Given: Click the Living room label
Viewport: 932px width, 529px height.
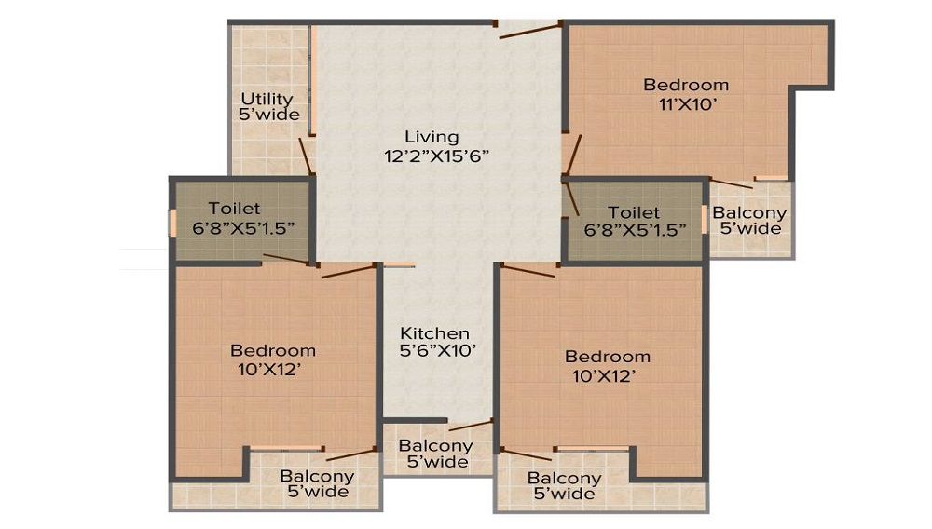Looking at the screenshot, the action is (432, 137).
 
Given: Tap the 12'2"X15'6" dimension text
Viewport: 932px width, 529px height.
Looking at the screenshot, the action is (436, 156).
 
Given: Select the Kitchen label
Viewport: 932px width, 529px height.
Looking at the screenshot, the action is (434, 333).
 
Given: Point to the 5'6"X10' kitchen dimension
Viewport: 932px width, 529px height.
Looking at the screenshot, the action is (438, 351).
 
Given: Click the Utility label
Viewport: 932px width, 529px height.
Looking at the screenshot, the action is (267, 99).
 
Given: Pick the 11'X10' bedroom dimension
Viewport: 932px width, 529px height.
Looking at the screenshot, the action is (687, 104).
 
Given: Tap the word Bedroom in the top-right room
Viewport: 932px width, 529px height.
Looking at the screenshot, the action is (686, 85).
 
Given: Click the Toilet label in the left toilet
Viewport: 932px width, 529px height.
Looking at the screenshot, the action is (234, 209).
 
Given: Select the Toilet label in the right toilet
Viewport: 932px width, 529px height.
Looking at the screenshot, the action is (634, 212).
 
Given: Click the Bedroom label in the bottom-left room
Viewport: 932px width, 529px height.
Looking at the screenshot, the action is (273, 350).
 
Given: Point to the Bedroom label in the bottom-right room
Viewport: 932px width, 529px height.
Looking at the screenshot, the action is (608, 356).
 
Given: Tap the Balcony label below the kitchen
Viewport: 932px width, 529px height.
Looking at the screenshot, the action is (435, 445).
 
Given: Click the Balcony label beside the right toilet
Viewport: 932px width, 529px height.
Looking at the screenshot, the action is (749, 212).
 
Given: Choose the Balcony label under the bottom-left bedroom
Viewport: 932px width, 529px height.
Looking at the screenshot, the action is (318, 476).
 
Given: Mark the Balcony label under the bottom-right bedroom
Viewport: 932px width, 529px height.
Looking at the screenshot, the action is (564, 478).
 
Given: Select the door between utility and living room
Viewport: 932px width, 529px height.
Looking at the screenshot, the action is (306, 156).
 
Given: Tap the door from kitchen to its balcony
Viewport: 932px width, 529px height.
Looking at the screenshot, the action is (471, 425).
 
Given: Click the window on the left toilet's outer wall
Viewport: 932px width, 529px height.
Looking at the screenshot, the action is (173, 224).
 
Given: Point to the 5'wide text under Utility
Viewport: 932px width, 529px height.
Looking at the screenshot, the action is (269, 115).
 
